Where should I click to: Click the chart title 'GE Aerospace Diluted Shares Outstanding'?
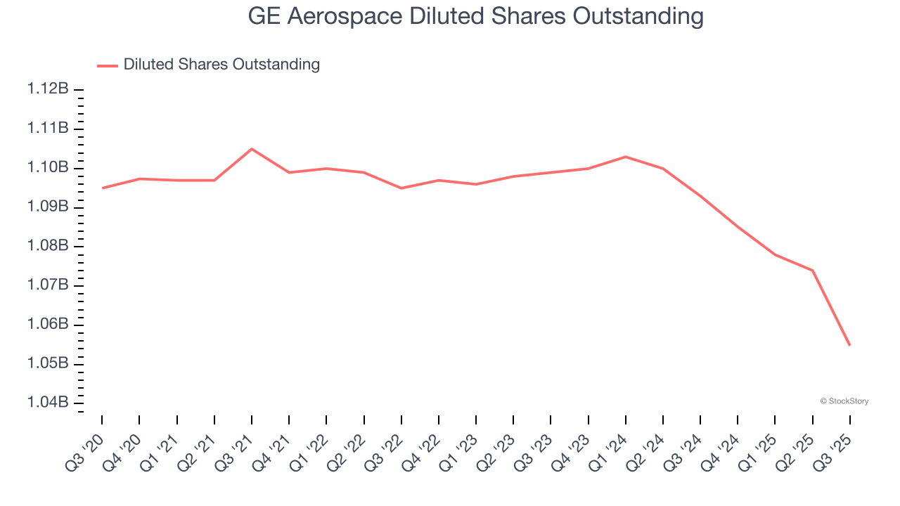(x=475, y=17)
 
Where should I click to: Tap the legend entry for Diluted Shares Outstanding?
(x=221, y=65)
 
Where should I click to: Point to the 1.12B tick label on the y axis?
(x=48, y=89)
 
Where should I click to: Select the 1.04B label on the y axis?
(x=48, y=403)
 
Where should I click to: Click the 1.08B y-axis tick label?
(x=48, y=246)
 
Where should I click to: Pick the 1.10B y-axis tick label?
(x=48, y=167)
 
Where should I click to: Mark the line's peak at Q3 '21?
(x=252, y=149)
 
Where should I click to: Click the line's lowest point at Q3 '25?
(x=849, y=345)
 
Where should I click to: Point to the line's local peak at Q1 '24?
(x=626, y=157)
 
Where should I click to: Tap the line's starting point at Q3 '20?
(x=102, y=188)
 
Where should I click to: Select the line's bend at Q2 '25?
(x=812, y=271)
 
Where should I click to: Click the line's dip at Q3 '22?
(x=401, y=188)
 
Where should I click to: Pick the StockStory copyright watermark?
(x=844, y=401)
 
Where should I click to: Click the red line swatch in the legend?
(x=108, y=65)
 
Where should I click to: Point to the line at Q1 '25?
(x=775, y=254)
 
